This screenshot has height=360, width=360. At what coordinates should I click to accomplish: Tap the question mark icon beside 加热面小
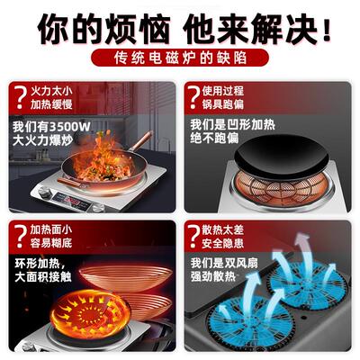coord(17,238)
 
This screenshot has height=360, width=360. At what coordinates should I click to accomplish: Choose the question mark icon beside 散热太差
coord(195,238)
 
